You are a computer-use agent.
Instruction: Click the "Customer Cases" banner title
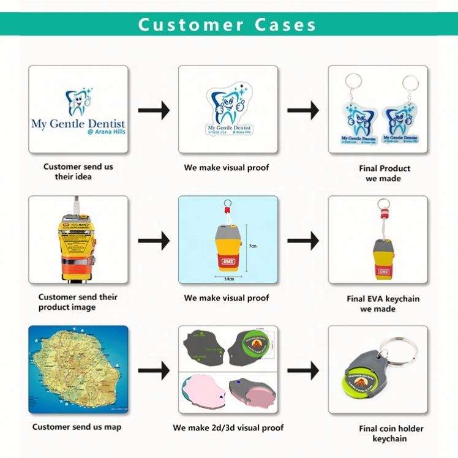point(227,24)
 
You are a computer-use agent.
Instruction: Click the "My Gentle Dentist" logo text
point(78,123)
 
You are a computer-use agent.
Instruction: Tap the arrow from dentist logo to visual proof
point(153,111)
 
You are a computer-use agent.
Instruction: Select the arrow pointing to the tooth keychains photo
point(303,111)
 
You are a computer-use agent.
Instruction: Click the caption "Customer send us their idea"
point(78,171)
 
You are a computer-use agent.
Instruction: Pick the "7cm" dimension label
point(252,246)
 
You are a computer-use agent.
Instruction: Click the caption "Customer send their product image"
point(78,302)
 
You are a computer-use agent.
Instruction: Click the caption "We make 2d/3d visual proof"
point(228,427)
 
